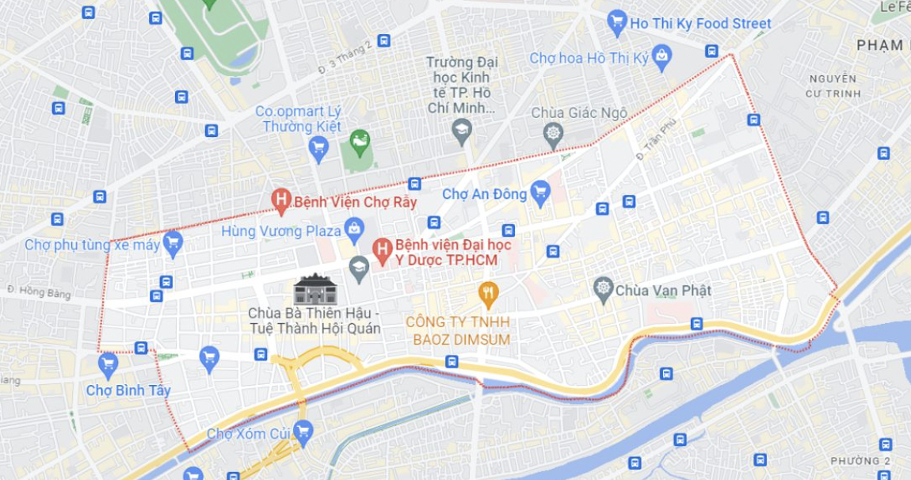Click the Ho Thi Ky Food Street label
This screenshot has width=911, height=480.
click(700, 24)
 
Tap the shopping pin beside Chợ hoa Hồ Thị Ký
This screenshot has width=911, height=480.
click(662, 56)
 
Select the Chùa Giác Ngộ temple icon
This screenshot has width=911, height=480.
click(553, 133)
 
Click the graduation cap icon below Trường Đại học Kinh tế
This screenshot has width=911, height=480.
click(462, 129)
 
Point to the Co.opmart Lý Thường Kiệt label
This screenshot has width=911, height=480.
click(298, 119)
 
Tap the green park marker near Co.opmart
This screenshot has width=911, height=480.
click(360, 142)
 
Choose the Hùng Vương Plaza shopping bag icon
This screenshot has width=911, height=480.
click(354, 230)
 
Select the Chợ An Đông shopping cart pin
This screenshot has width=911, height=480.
click(540, 192)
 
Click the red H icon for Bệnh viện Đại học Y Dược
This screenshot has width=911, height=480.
click(383, 250)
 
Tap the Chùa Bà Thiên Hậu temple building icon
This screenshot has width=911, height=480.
click(315, 289)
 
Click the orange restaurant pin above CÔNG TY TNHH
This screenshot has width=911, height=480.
click(489, 295)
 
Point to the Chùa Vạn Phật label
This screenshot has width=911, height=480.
click(663, 290)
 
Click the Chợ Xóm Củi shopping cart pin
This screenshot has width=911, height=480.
click(303, 431)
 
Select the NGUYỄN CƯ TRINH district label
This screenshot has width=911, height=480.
click(833, 86)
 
